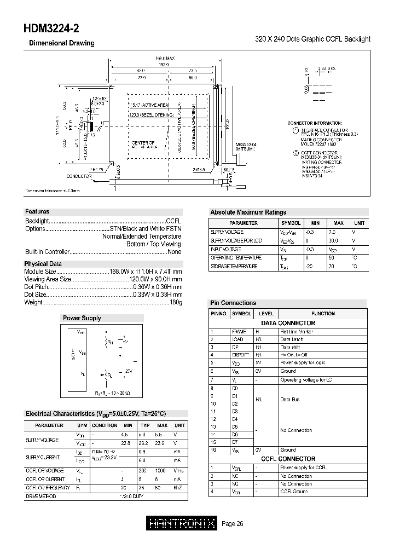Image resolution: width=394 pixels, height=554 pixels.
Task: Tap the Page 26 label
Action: click(x=232, y=524)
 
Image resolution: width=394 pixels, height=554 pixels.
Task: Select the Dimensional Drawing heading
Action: click(x=61, y=43)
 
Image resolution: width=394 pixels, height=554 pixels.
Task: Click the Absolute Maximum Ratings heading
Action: click(x=248, y=212)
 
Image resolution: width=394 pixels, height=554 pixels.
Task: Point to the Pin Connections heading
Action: click(x=233, y=303)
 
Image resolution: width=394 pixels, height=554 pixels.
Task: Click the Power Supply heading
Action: click(x=82, y=318)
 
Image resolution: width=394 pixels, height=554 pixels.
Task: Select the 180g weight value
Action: click(x=175, y=302)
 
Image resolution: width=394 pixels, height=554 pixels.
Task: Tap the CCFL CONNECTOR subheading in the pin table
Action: click(x=288, y=459)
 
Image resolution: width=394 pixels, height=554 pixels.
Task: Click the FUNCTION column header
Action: click(x=323, y=314)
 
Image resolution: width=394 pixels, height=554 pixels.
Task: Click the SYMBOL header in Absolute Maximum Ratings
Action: click(x=291, y=223)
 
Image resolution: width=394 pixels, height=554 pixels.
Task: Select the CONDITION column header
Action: click(x=105, y=425)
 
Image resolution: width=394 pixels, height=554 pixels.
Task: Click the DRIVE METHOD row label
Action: click(x=41, y=496)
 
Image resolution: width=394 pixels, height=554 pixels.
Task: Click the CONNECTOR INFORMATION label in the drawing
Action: click(x=314, y=124)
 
